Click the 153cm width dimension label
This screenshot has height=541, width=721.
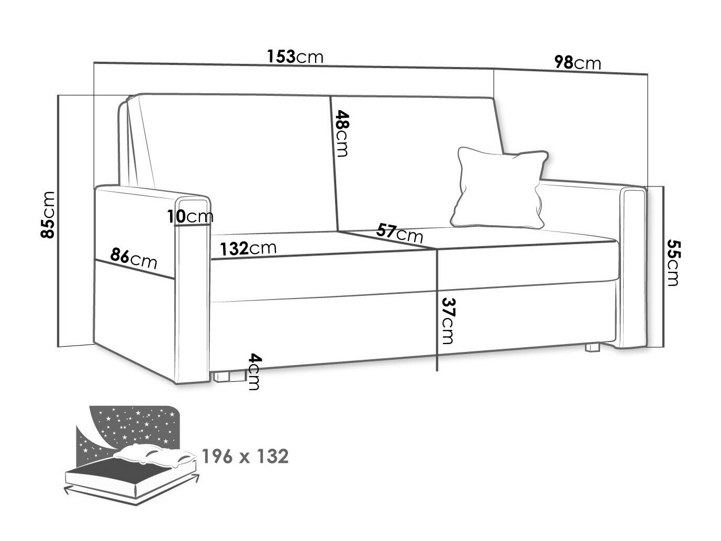pyautogui.click(x=295, y=57)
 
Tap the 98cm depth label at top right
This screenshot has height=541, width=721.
pyautogui.click(x=578, y=62)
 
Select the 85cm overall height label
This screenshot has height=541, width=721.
pyautogui.click(x=47, y=215)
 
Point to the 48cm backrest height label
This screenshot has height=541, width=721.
pyautogui.click(x=341, y=134)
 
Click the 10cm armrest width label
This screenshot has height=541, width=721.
pyautogui.click(x=190, y=216)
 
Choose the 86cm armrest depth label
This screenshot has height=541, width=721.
pyautogui.click(x=134, y=259)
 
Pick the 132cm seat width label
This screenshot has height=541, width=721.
pyautogui.click(x=248, y=248)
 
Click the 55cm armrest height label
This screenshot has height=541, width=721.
pyautogui.click(x=673, y=263)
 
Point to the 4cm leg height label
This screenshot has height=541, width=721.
pyautogui.click(x=254, y=371)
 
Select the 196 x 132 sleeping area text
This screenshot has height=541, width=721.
pyautogui.click(x=245, y=456)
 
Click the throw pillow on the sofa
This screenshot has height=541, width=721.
pyautogui.click(x=500, y=187)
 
